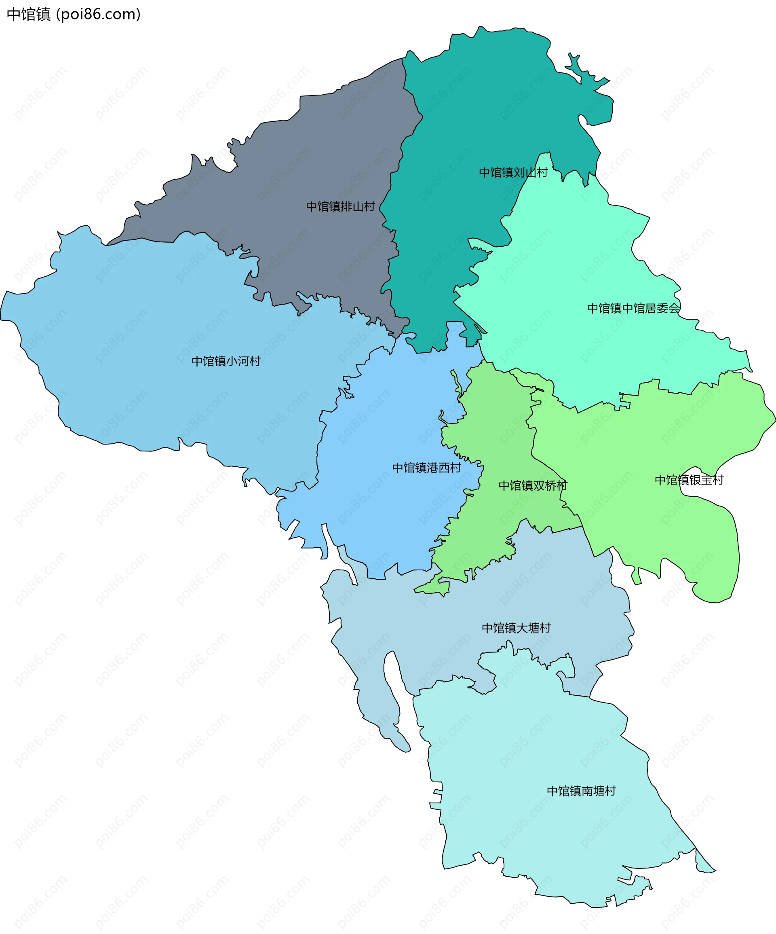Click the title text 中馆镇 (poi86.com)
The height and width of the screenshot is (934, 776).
pos(73,14)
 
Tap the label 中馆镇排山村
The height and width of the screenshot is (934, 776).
pos(340,206)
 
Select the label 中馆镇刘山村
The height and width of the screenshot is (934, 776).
pos(513,173)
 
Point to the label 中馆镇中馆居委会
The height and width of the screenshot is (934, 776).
pos(633,308)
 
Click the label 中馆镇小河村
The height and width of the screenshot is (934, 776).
pos(226,361)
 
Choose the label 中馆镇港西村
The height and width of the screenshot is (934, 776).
pos(426,468)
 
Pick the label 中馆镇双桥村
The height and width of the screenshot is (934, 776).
pos(532,485)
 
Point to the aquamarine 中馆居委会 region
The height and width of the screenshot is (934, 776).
pos(578,267)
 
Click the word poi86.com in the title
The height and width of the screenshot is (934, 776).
pos(99,14)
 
